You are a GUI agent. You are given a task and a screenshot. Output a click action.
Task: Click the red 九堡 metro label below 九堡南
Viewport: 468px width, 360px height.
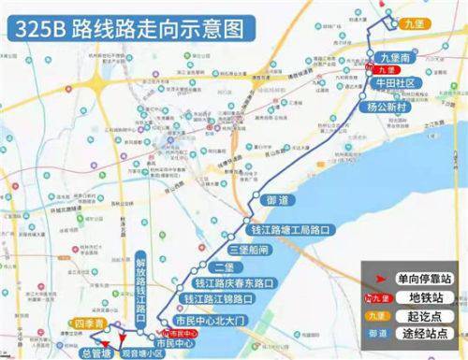388,69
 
